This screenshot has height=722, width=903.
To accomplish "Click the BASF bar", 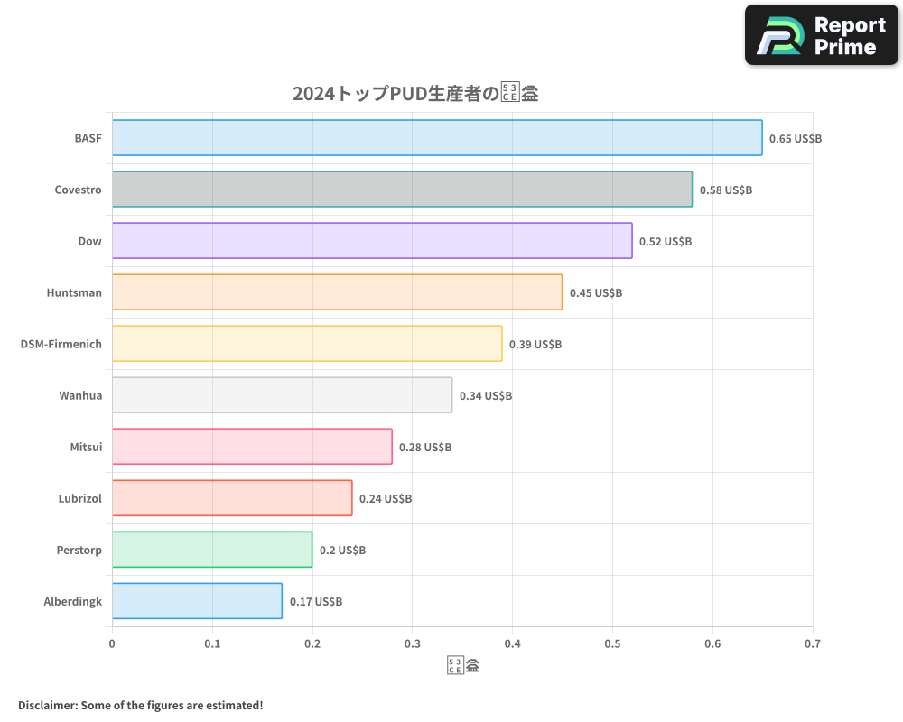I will pos(437,138).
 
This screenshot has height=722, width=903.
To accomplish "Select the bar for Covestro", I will pos(402,190).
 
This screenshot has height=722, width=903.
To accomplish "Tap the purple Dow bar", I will pos(372,241).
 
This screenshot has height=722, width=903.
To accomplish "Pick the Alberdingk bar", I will pos(197,601).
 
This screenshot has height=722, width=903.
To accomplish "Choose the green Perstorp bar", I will pos(212,550).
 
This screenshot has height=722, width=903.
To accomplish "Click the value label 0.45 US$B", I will pos(596,293).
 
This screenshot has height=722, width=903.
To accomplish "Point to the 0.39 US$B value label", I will pos(535,345).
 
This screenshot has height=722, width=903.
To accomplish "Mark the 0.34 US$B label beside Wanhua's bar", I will pos(486,396).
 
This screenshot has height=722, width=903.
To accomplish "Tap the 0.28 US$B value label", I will pos(425,448).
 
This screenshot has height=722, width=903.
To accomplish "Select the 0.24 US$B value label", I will pos(386,499).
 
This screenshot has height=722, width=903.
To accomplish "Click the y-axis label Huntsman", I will pos(74,292).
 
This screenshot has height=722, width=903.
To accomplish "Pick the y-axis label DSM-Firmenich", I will pos(61,344).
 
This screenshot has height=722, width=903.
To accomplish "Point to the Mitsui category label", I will pos(86,447).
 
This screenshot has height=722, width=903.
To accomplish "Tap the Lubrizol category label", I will pos(79,498).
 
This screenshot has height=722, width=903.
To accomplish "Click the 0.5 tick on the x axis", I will pos(612,644).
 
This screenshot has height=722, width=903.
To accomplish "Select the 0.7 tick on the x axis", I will pos(813,644).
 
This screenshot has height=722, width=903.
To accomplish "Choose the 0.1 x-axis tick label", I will pos(212,644).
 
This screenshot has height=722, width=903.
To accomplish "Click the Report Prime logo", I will pos(822,35).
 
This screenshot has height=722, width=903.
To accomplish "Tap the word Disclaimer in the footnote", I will pos(46,705).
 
